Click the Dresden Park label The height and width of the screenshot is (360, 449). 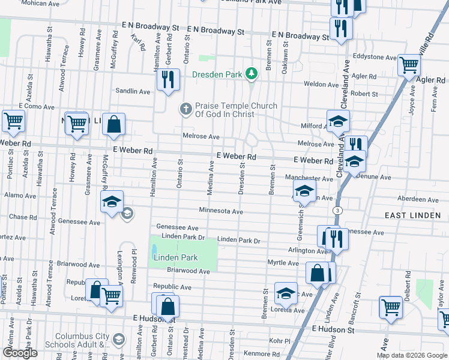[x=216, y=75]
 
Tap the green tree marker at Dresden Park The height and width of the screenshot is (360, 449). [x=253, y=74]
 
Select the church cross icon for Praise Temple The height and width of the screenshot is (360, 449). [x=186, y=109]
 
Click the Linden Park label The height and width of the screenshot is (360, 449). [x=175, y=258]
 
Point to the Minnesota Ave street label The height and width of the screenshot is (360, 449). [x=221, y=211]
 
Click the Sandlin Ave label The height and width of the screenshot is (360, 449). [x=136, y=91]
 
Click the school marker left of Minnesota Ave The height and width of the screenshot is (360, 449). [x=112, y=202]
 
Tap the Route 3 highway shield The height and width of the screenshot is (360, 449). [x=338, y=211]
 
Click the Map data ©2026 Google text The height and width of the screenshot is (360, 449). [x=412, y=355]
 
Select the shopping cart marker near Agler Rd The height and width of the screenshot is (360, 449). [x=409, y=64]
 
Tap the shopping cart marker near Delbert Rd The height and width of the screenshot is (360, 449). [x=391, y=307]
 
